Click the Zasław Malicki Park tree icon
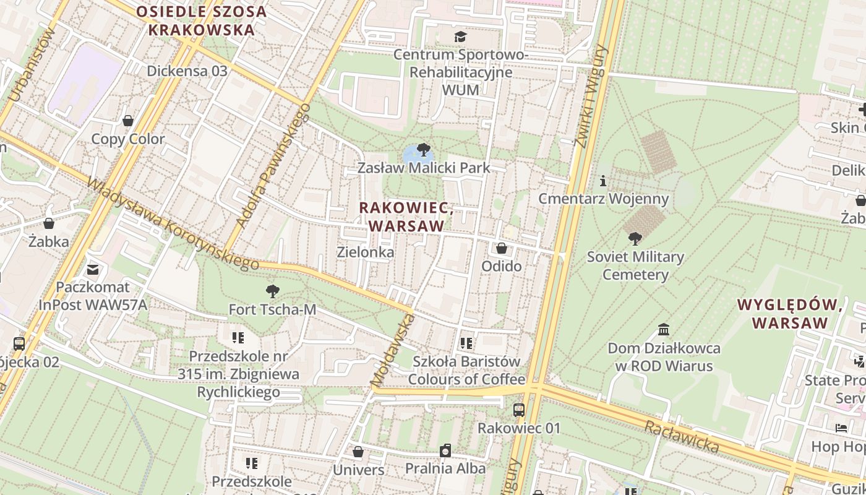[x=424, y=149]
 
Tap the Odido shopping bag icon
[x=502, y=248]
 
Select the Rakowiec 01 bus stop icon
[x=519, y=410]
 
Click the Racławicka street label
[x=682, y=436]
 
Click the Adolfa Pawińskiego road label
[x=273, y=166]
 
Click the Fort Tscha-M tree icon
[x=272, y=291]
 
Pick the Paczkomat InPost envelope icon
[x=93, y=270]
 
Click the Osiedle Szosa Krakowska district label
[x=201, y=20]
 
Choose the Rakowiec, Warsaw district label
[x=406, y=217]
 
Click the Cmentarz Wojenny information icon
[x=603, y=181]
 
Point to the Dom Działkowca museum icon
[x=664, y=329]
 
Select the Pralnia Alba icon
[x=445, y=450]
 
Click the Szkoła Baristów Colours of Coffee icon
[x=466, y=343]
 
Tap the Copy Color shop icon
[x=128, y=121]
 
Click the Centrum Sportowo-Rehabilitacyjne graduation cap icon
[x=460, y=37]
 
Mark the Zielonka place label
[x=365, y=252]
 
